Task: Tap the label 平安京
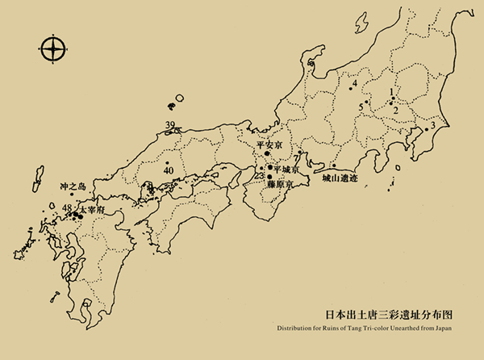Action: (269, 146)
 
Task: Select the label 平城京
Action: (286, 170)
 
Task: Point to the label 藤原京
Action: (280, 184)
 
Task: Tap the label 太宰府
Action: (92, 209)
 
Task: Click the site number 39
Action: (170, 124)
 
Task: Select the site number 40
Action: (168, 170)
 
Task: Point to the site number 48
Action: (66, 209)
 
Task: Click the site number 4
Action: (354, 83)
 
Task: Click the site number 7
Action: (296, 157)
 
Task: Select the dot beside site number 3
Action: (425, 129)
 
